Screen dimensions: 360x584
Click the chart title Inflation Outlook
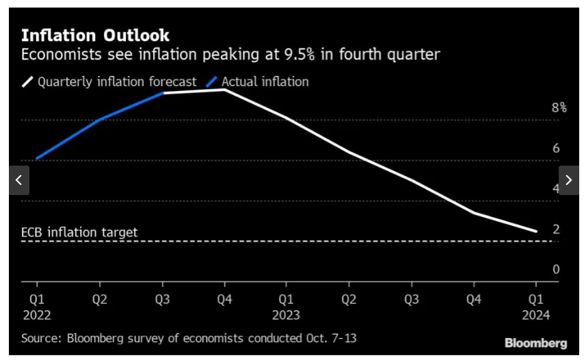95,35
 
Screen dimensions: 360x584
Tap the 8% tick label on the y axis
559,107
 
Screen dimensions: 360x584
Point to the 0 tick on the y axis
556,269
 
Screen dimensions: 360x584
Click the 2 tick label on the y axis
556,229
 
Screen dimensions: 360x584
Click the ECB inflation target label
79,232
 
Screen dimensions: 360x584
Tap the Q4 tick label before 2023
224,299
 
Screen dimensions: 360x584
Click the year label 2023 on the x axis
286,315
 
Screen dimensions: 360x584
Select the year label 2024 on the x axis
535,315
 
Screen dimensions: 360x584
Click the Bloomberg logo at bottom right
535,342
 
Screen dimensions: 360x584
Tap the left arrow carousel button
19,180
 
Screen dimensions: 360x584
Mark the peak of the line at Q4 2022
224,89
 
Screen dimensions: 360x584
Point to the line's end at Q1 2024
536,231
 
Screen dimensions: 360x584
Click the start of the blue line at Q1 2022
36,159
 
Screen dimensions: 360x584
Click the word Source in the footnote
39,339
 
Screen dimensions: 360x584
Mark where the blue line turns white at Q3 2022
163,92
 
